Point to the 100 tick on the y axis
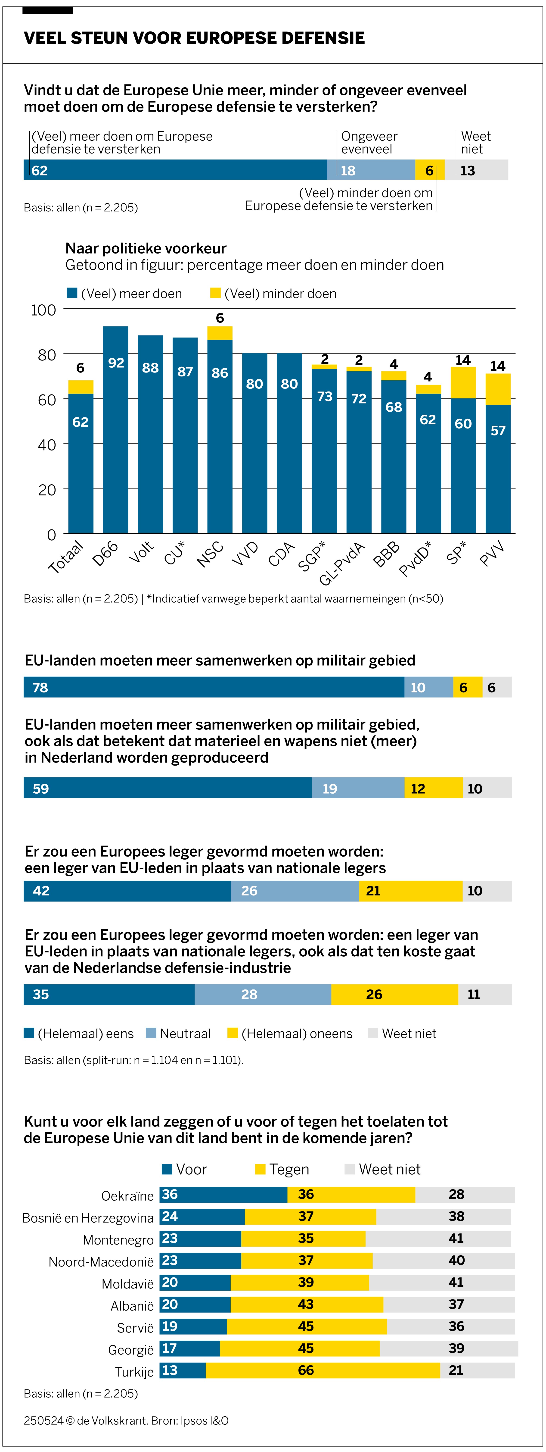(43, 310)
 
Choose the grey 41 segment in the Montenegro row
(438, 1238)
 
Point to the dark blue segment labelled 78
(214, 687)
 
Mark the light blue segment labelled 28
(263, 994)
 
